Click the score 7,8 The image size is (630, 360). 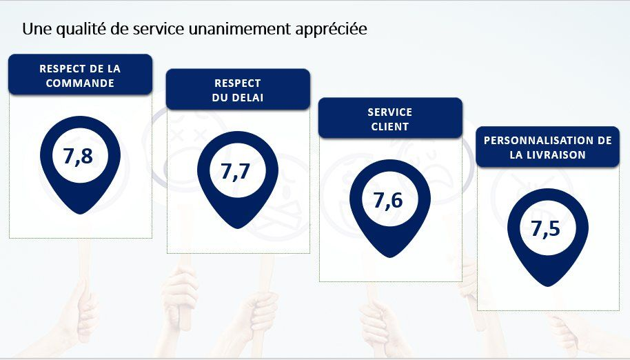point(78,157)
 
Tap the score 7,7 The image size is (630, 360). point(236,172)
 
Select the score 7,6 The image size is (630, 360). point(388,200)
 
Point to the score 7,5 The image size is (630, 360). point(545,229)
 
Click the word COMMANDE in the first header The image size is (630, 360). point(80,83)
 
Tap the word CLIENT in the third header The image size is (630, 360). point(389,127)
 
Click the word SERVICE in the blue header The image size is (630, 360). point(389,112)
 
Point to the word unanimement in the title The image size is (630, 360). point(238,29)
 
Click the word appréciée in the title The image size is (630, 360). point(331,30)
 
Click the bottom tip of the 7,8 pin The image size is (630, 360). point(80,214)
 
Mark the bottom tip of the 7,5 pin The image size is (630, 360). point(548,286)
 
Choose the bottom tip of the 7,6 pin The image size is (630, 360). point(389,257)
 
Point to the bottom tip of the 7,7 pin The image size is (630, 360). point(237,228)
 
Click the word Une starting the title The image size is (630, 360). point(37,29)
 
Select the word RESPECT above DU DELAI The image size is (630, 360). point(237,83)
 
